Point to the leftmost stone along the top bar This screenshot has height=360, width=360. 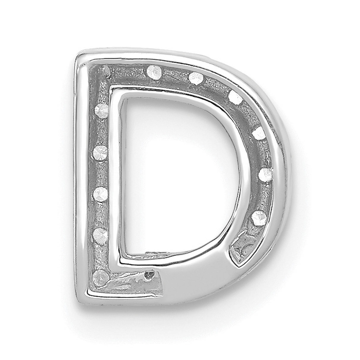[x=154, y=71]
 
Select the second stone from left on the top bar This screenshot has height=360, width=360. [x=196, y=78]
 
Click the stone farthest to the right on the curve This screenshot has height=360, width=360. [x=265, y=174]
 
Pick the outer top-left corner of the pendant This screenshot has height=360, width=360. [x=78, y=58]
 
